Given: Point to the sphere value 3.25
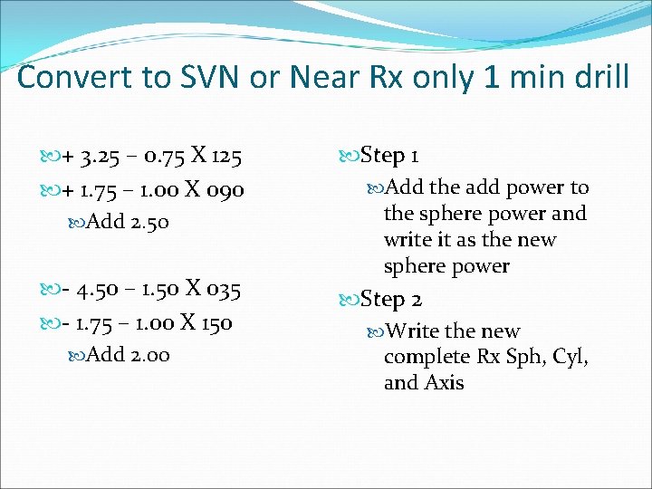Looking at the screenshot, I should (x=95, y=158).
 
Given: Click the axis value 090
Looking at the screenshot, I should (x=225, y=191).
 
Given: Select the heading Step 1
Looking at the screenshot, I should (x=389, y=156).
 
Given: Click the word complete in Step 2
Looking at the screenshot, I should (x=426, y=357).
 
